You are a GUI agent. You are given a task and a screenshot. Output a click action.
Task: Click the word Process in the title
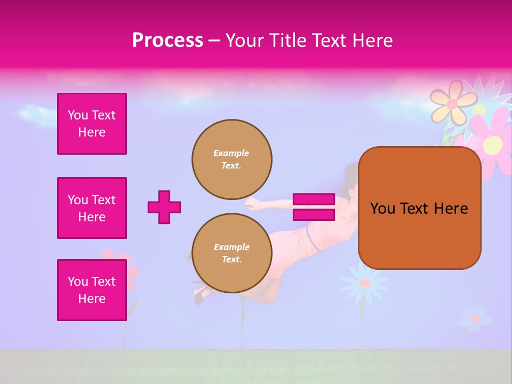tap(167, 41)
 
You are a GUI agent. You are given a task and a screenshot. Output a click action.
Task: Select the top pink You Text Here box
tap(92, 124)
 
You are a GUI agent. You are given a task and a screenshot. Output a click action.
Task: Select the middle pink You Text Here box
tap(92, 208)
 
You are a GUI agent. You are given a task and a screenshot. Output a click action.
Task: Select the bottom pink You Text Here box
tap(92, 290)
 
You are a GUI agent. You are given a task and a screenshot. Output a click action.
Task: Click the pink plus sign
tap(164, 207)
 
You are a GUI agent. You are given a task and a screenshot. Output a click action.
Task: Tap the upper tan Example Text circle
tap(232, 159)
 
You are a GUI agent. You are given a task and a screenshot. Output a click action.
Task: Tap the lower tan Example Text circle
tap(232, 253)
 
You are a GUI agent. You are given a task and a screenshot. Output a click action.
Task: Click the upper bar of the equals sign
tap(314, 199)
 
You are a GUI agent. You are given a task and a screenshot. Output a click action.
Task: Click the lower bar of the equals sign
tap(314, 214)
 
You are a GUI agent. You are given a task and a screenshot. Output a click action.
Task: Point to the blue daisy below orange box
tap(365, 283)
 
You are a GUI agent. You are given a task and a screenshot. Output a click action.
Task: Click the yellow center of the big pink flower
tap(493, 143)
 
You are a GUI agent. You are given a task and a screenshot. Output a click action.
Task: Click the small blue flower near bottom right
tap(474, 318)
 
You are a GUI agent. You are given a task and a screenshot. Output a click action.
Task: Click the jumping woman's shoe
tap(199, 294)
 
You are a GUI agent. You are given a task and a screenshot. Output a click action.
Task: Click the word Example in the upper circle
tap(231, 153)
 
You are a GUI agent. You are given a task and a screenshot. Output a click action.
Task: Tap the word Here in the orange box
tap(451, 209)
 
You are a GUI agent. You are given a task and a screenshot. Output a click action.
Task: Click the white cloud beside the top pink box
tap(37, 114)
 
